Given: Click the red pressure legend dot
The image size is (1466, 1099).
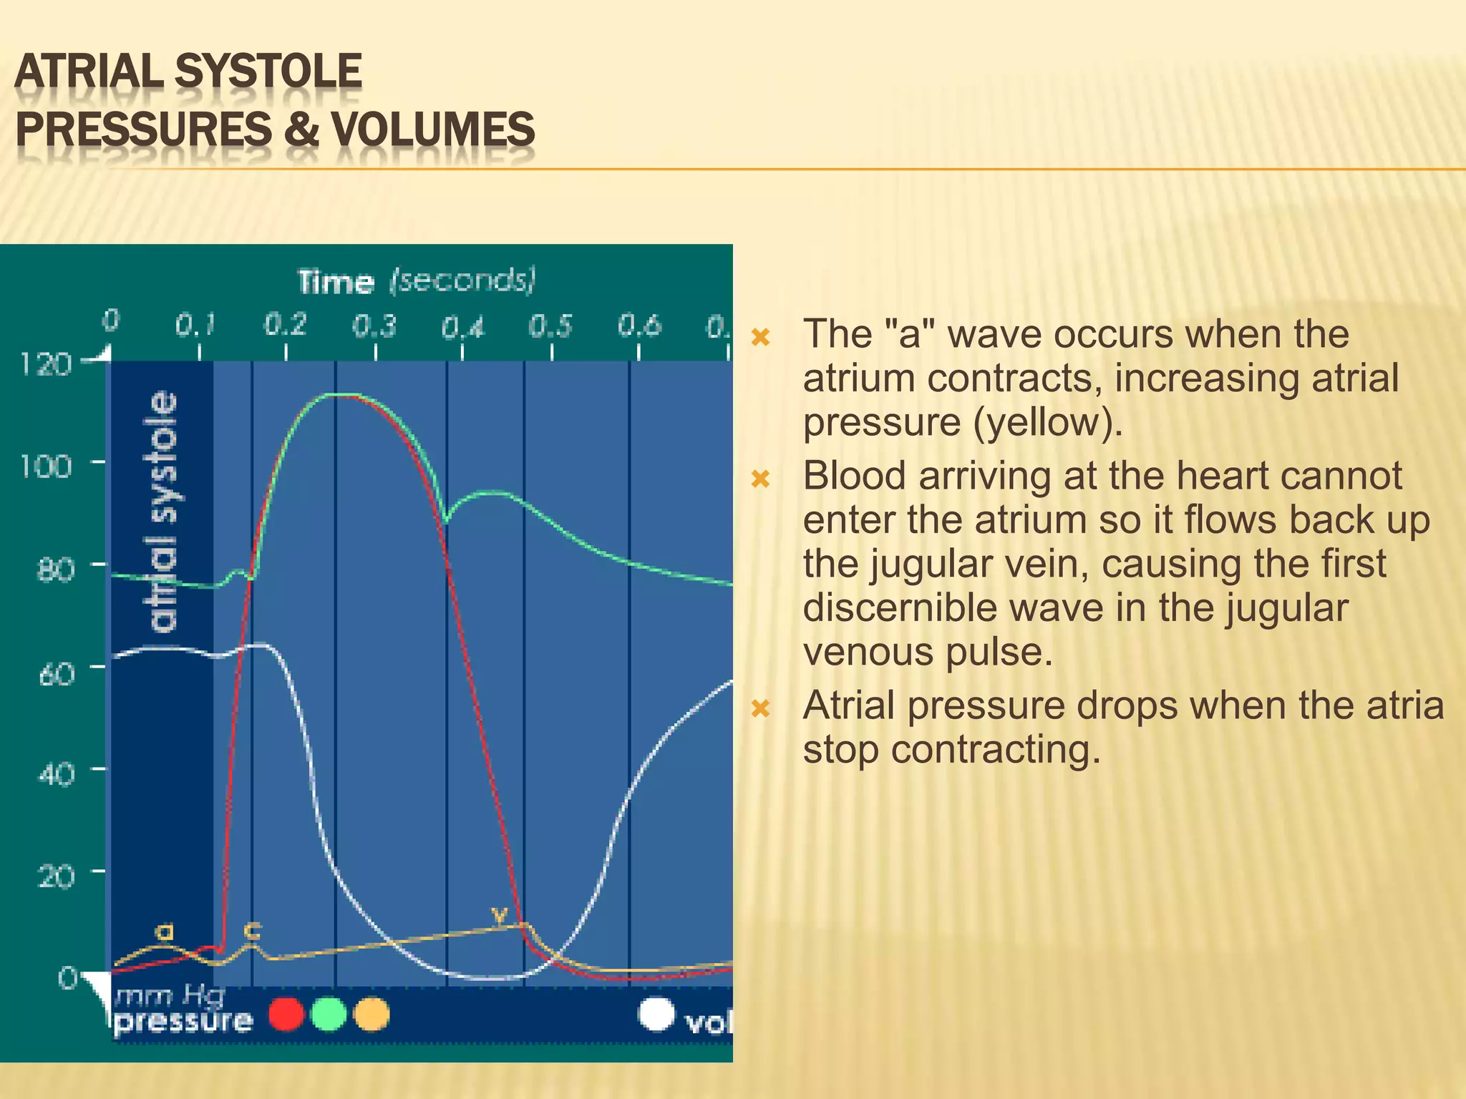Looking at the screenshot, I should pyautogui.click(x=286, y=1015).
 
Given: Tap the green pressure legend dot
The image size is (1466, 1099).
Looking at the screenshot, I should pyautogui.click(x=329, y=1015).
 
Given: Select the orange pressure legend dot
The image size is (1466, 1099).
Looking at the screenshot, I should pyautogui.click(x=372, y=1015).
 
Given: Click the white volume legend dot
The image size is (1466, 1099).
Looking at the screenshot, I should pyautogui.click(x=656, y=1014).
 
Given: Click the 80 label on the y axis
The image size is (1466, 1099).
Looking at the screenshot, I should pyautogui.click(x=55, y=570).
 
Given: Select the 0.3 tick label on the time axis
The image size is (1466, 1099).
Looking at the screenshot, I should pyautogui.click(x=374, y=326).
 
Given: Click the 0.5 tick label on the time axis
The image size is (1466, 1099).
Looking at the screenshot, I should pyautogui.click(x=550, y=326).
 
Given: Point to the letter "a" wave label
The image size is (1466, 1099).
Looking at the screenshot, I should pyautogui.click(x=165, y=932).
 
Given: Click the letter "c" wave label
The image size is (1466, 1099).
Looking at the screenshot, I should pyautogui.click(x=252, y=930).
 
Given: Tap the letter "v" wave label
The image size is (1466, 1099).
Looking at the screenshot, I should pyautogui.click(x=499, y=914).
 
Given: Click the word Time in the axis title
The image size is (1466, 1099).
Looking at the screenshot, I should pyautogui.click(x=336, y=282).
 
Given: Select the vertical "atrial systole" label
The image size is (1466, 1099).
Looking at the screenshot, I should pyautogui.click(x=162, y=512).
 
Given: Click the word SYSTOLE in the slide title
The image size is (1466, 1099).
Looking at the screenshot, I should pyautogui.click(x=268, y=72).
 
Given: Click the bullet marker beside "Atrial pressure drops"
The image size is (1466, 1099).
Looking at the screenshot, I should pyautogui.click(x=760, y=708).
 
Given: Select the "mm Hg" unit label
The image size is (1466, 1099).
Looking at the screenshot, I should pyautogui.click(x=170, y=995).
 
